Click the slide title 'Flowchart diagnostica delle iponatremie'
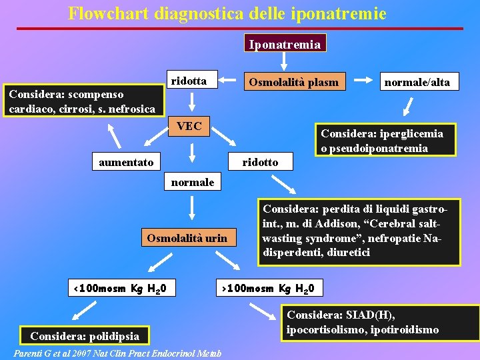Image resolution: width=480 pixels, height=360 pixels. pos(227,13)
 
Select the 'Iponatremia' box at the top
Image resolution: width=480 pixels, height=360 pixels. pos(284,44)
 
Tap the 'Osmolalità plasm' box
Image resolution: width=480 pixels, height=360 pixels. pos(294,82)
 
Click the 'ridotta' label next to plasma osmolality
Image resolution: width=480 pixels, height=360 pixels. pos(189,81)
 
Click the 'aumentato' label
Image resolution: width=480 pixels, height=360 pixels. pos(126,161)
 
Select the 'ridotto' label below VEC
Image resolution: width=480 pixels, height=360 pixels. pos(260,161)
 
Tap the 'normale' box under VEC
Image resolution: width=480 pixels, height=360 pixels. pos(193,181)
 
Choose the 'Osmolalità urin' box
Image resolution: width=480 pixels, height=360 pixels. pos(187,237)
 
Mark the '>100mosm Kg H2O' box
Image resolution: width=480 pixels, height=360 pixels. pos(271,289)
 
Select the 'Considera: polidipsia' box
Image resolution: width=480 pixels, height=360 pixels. pos(85,335)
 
